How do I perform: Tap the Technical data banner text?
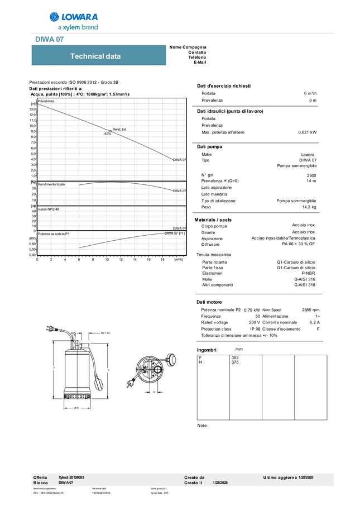click(x=95, y=56)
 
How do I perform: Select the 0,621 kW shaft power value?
click(x=307, y=132)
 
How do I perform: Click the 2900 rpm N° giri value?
click(x=311, y=175)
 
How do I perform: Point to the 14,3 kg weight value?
click(x=309, y=207)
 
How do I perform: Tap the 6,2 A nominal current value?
click(x=314, y=322)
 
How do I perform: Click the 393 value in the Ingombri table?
click(x=234, y=357)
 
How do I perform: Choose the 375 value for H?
click(x=234, y=363)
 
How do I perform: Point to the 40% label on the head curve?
click(x=108, y=134)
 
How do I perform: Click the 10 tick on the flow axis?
click(x=107, y=259)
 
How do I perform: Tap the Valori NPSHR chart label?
click(x=49, y=209)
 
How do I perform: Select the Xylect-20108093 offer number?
click(x=71, y=478)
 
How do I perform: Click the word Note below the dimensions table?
click(x=203, y=426)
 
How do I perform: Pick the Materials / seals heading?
click(x=213, y=220)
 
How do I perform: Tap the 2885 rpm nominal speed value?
click(x=310, y=309)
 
